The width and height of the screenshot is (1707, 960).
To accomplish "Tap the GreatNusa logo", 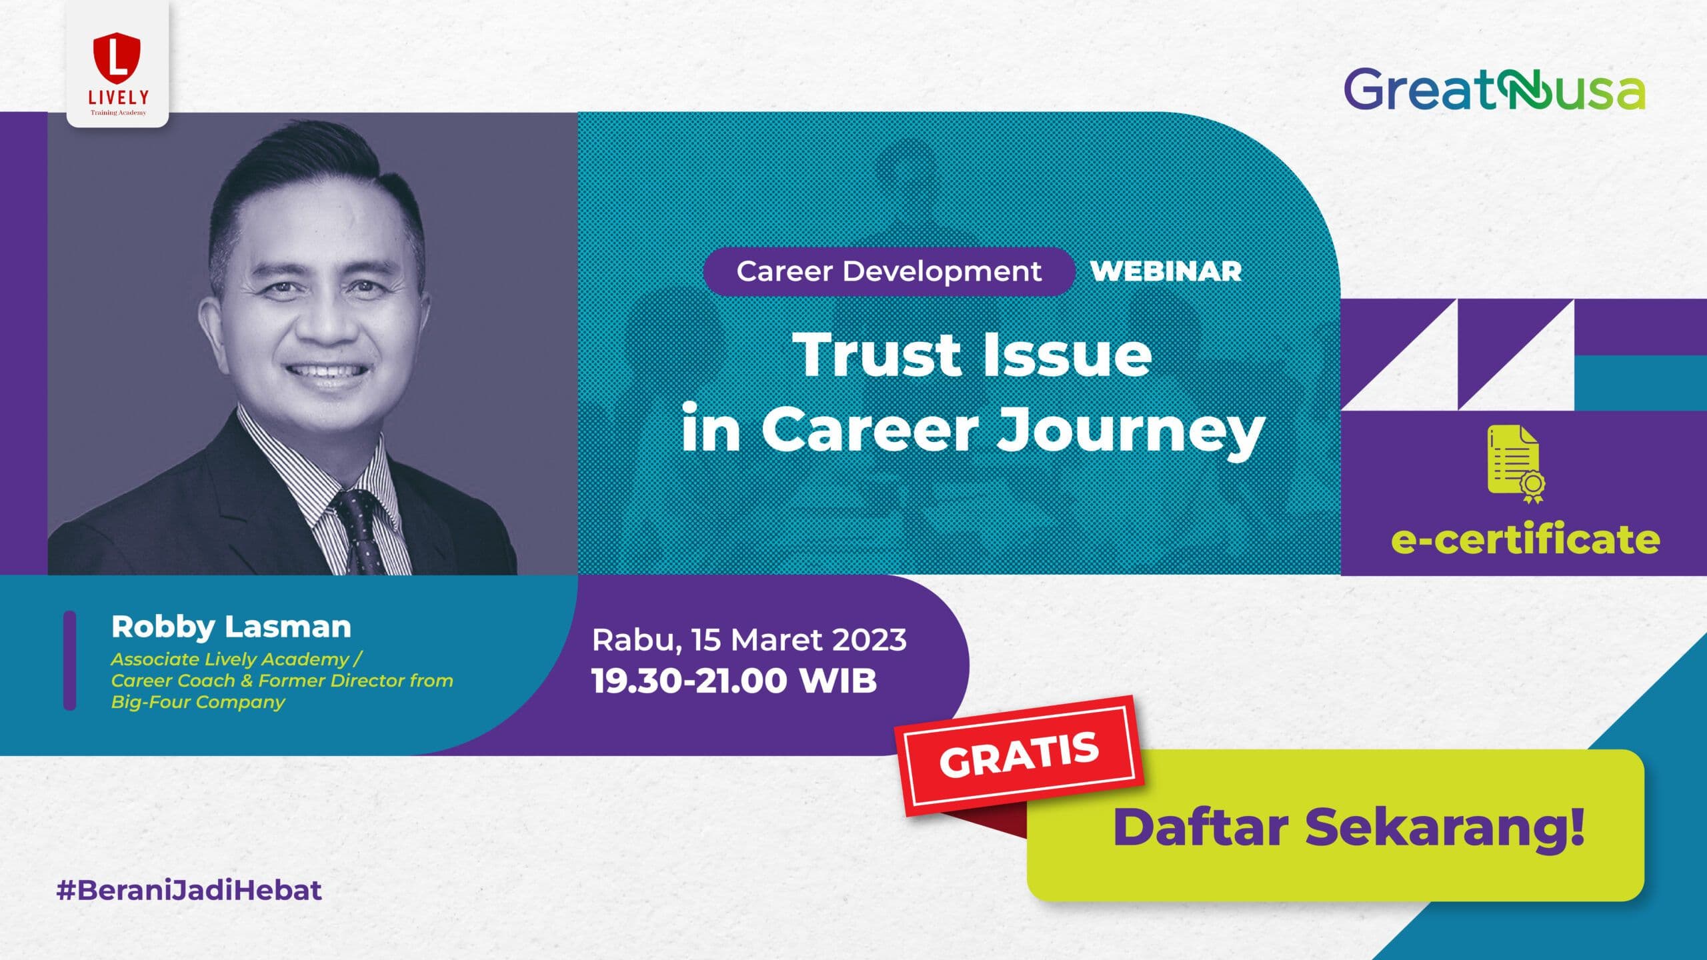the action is tap(1494, 89).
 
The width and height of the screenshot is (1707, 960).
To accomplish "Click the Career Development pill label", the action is tap(889, 271).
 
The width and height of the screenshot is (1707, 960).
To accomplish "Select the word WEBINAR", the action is tap(1166, 271).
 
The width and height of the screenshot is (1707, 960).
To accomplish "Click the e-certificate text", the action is tap(1526, 540).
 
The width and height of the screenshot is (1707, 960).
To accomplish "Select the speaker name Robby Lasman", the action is tap(231, 627).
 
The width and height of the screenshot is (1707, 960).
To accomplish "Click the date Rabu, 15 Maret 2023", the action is tap(749, 640).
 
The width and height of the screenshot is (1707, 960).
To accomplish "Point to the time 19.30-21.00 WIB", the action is tap(734, 681).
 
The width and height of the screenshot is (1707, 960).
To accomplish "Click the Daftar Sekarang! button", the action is tap(1336, 825).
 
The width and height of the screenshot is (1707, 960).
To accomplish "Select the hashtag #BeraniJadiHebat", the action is tap(189, 891).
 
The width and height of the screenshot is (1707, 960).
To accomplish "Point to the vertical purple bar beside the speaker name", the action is tap(69, 661).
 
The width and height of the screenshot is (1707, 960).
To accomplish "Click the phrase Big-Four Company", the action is tap(198, 702).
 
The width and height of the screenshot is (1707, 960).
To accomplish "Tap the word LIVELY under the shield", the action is tap(118, 97).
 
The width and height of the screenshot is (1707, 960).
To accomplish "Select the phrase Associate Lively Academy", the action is tap(230, 659).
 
